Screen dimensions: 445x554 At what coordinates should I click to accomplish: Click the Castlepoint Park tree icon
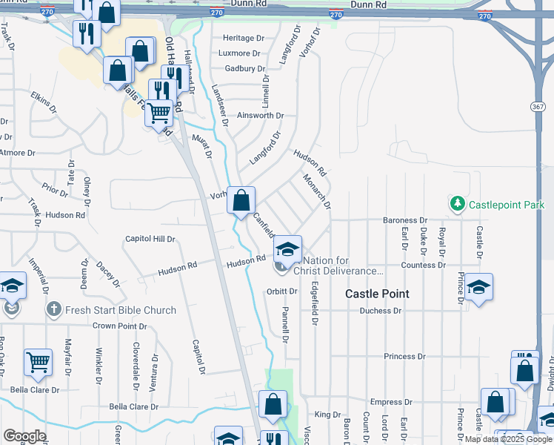pos(458,202)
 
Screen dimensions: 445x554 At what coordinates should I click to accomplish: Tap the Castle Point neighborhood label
pos(377,294)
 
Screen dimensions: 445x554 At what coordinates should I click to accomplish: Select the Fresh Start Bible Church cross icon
pos(53,309)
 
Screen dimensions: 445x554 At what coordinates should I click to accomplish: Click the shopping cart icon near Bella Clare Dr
pos(38,362)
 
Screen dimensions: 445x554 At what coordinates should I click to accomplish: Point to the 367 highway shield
pos(538,107)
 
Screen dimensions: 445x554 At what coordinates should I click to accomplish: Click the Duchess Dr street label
pos(380,311)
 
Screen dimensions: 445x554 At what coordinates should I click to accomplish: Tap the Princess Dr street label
pos(405,357)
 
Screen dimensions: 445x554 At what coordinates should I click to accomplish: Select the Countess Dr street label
pos(424,265)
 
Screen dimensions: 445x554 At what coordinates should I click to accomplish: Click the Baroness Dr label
pos(405,220)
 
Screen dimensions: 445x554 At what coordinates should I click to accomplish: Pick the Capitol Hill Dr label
pos(150,239)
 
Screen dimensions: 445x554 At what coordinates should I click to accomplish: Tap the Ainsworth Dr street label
pos(260,116)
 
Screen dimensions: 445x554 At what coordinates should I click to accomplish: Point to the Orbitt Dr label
pos(281,291)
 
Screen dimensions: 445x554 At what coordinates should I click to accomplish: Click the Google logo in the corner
pos(24,436)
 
